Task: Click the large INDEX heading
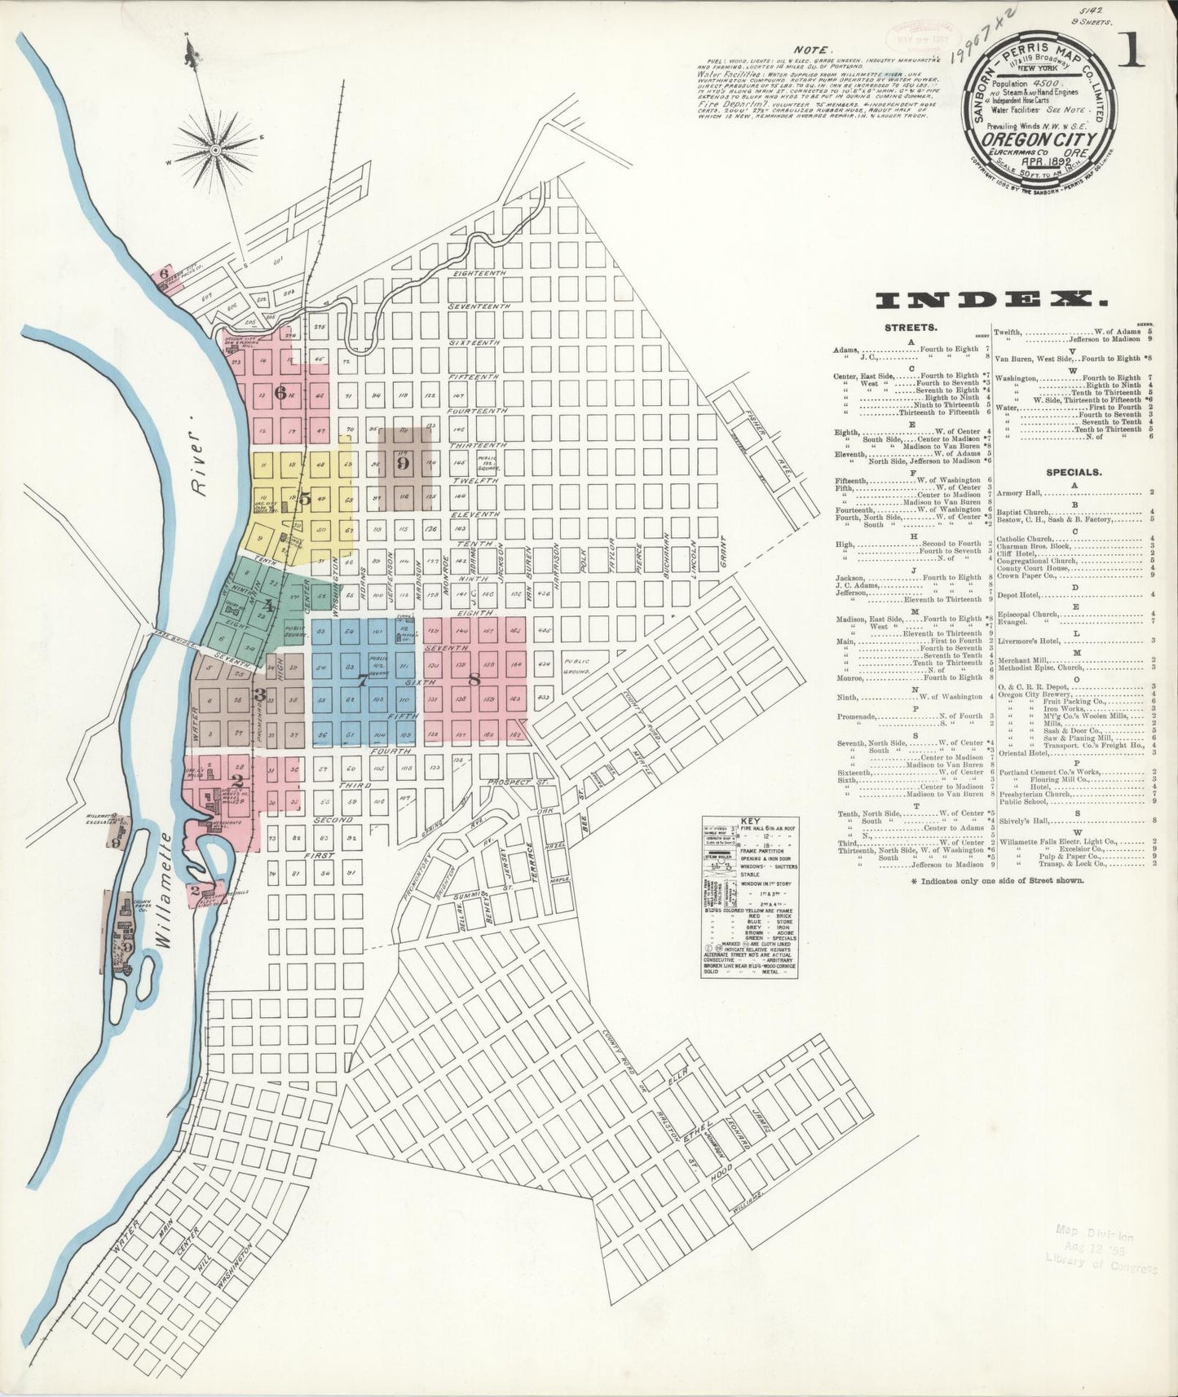pyautogui.click(x=991, y=301)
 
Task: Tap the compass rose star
pyautogui.click(x=214, y=149)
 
